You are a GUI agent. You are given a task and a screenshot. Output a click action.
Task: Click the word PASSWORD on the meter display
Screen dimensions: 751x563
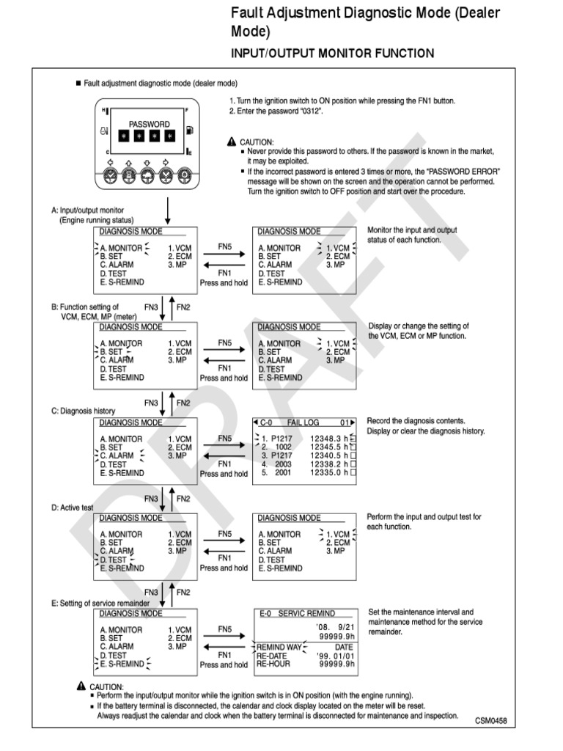point(150,124)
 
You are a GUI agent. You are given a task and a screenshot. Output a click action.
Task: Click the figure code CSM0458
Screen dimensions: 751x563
point(490,720)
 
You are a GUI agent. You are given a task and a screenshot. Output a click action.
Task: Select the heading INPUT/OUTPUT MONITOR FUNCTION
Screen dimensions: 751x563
point(332,54)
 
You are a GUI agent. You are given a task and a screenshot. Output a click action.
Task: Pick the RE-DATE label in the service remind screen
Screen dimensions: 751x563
point(271,655)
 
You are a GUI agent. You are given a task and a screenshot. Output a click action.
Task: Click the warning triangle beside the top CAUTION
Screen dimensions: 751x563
point(232,142)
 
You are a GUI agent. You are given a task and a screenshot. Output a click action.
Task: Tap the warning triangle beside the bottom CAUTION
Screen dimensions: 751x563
point(80,686)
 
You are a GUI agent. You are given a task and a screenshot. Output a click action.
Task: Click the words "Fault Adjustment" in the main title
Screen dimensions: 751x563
point(275,12)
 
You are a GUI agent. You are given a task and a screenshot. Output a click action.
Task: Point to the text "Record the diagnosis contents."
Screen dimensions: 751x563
point(416,421)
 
